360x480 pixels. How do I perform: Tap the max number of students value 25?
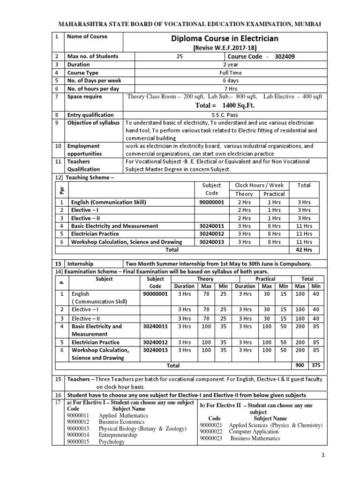pos(180,57)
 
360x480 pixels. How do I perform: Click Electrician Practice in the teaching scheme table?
pos(95,233)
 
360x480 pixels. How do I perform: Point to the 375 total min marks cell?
pos(316,365)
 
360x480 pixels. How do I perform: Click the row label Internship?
pos(81,264)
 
